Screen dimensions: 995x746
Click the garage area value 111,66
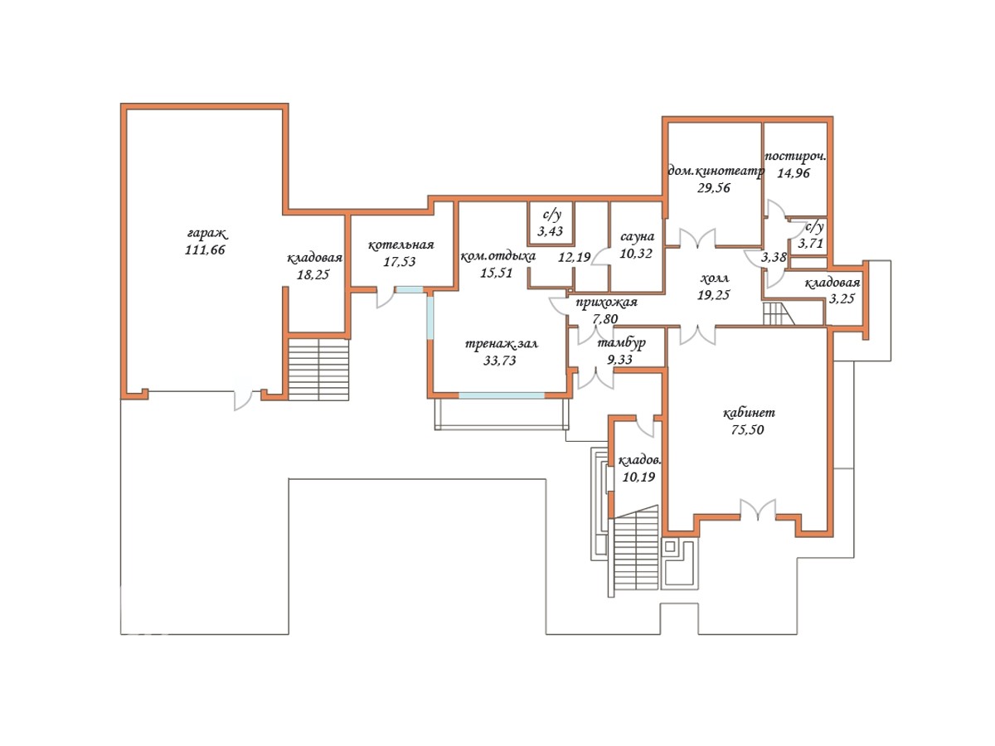click(x=205, y=249)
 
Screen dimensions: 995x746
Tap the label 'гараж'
click(x=206, y=234)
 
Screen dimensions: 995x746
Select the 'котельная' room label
click(x=400, y=245)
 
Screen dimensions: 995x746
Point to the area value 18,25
click(x=313, y=274)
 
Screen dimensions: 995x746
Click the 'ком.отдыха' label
click(x=498, y=256)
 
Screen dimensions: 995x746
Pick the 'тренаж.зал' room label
click(x=502, y=344)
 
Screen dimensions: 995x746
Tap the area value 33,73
click(x=499, y=360)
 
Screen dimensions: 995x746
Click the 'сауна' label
click(x=637, y=236)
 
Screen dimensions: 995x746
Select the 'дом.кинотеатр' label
click(x=716, y=172)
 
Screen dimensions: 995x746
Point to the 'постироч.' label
click(x=795, y=157)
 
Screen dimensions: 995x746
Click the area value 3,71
click(x=810, y=243)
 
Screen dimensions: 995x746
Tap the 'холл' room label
click(x=714, y=278)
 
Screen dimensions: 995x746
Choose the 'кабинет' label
click(x=749, y=413)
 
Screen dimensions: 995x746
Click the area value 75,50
click(x=747, y=429)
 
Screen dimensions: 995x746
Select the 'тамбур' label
click(x=621, y=343)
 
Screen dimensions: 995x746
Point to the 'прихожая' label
click(x=606, y=303)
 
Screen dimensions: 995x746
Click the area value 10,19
click(x=638, y=477)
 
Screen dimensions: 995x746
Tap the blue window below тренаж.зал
click(x=502, y=395)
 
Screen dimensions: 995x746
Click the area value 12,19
click(x=575, y=257)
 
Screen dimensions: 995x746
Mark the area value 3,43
click(x=550, y=231)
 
